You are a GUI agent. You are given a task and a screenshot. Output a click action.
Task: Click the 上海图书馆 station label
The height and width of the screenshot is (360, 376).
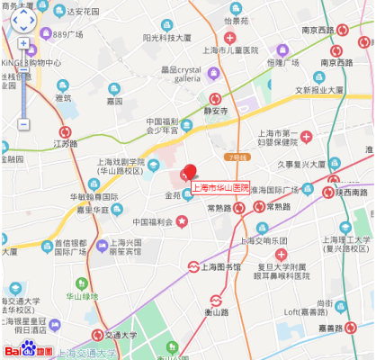[x=219, y=266]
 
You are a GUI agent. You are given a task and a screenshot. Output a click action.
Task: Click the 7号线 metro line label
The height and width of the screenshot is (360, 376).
[x=237, y=157]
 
